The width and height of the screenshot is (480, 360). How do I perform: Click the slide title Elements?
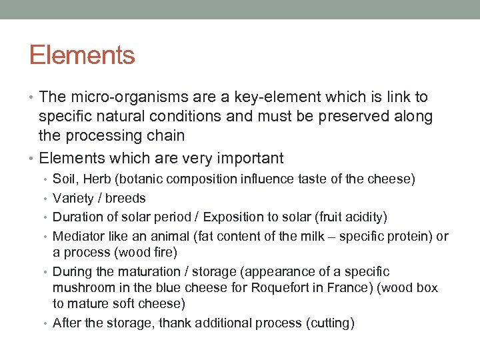pos(82,55)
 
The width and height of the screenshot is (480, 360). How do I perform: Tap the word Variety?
pos(71,198)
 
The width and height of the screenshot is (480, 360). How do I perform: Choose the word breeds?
pos(125,198)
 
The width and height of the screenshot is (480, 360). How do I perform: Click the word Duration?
pos(76,217)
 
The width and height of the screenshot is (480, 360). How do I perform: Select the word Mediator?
pos(77,237)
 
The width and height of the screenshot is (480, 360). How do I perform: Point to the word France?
pos(341,288)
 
